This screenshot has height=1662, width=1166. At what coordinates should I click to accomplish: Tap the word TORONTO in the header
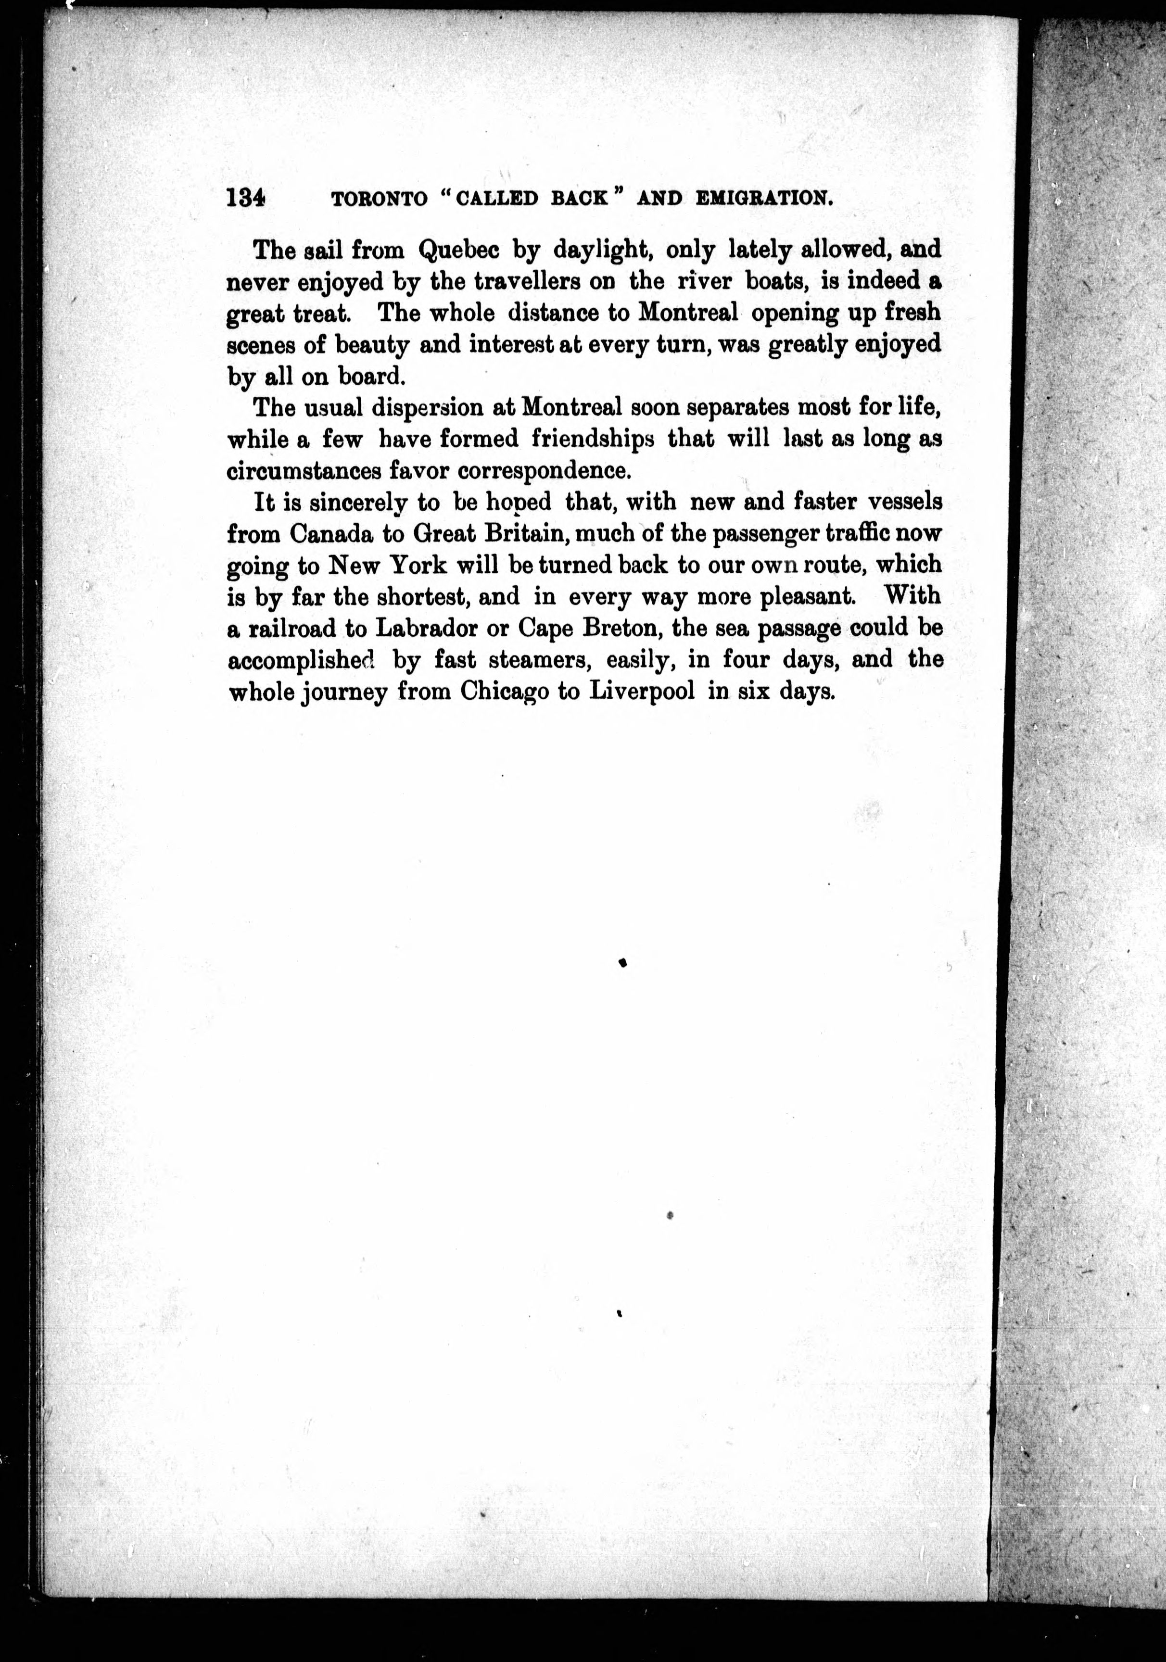380,198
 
